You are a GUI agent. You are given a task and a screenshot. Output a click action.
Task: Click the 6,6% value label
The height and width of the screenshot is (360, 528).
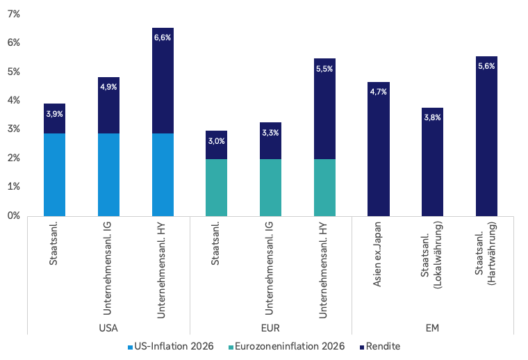point(162,38)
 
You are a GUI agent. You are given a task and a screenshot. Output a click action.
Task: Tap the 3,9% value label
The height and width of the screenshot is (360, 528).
point(54,113)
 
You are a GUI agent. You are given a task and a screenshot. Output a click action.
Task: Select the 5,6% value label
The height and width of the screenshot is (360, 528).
point(486,66)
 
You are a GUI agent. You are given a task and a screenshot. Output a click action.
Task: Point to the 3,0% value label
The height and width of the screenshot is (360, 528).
point(216,141)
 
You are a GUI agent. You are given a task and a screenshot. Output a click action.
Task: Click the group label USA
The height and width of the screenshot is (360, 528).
point(108,327)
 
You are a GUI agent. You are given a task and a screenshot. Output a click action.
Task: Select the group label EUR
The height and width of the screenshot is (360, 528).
point(270,327)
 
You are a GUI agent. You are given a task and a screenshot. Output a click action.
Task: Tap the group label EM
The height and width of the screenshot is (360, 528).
point(432,327)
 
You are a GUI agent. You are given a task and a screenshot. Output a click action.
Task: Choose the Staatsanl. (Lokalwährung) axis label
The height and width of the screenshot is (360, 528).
point(432,254)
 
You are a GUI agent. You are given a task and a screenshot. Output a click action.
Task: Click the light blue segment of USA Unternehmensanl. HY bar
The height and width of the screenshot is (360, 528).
point(163,174)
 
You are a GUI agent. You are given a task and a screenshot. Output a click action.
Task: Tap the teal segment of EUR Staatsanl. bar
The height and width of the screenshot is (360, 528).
point(216,187)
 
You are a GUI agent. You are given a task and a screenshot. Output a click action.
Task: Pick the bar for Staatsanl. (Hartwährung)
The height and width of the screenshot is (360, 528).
point(486,139)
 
